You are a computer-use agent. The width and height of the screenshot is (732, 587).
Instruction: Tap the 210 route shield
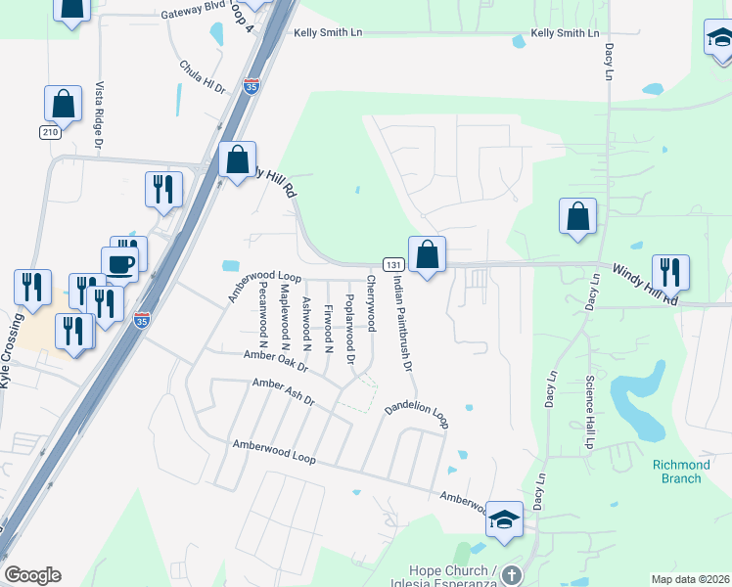50,131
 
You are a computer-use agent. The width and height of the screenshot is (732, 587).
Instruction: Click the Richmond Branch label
681,472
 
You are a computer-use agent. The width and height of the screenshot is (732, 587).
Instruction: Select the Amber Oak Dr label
277,362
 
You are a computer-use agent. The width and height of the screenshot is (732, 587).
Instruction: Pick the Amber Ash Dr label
283,393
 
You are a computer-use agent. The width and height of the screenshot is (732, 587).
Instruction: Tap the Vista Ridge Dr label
98,115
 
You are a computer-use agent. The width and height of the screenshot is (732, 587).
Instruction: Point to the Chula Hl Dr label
203,76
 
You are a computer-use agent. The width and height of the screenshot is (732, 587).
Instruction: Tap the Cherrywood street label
371,303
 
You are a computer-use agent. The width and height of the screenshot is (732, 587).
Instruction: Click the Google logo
32,575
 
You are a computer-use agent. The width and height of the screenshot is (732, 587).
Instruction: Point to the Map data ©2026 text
690,579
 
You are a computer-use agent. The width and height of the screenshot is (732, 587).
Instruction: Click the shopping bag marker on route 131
427,256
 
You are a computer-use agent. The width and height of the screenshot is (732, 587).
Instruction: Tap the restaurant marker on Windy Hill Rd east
670,272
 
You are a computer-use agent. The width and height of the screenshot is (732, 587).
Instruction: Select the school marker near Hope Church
504,519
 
